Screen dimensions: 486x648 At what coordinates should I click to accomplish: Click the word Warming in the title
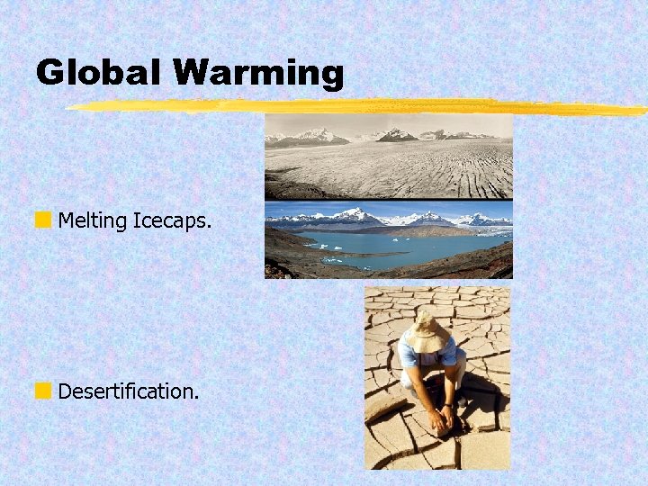pyautogui.click(x=259, y=73)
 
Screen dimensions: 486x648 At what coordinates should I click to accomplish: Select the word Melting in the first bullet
pyautogui.click(x=93, y=220)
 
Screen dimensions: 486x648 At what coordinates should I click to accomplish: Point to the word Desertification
pyautogui.click(x=128, y=391)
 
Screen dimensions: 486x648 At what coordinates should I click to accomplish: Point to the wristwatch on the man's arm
pyautogui.click(x=447, y=406)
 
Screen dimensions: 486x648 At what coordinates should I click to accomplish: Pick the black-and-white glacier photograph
pyautogui.click(x=388, y=156)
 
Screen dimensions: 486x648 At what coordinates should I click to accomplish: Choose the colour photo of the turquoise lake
pyautogui.click(x=388, y=239)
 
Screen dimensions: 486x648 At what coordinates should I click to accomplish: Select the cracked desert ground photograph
pyautogui.click(x=436, y=378)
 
